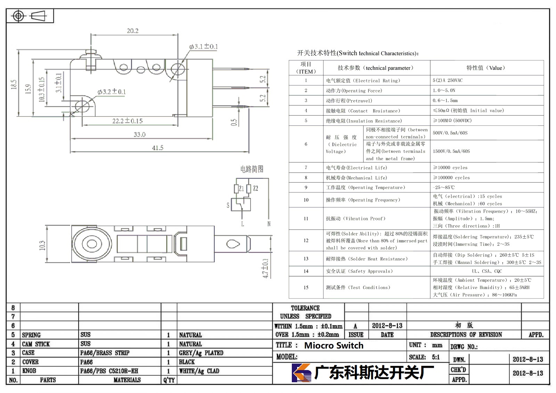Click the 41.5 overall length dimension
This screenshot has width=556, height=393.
(158, 148)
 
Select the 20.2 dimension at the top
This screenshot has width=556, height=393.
(133, 31)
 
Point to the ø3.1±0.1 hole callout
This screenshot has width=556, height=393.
(203, 47)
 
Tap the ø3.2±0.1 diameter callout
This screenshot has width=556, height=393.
(112, 92)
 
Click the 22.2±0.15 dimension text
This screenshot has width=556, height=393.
(127, 121)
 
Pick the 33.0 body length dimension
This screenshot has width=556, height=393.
(139, 134)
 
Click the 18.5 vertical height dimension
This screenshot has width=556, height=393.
(14, 84)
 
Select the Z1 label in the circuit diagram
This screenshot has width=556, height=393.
(241, 189)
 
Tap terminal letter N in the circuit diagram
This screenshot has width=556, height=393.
(269, 224)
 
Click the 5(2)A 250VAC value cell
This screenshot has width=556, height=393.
(448, 80)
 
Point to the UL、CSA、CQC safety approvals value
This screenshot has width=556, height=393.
(487, 271)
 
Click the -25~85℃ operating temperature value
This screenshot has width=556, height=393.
(443, 187)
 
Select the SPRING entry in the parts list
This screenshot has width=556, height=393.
(31, 335)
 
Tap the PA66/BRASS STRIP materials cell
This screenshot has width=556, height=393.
(105, 353)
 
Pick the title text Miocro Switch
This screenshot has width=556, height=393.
(334, 345)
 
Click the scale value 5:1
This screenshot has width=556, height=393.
(436, 357)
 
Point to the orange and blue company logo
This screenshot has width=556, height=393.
(302, 372)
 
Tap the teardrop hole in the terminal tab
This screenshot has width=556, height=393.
(233, 244)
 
